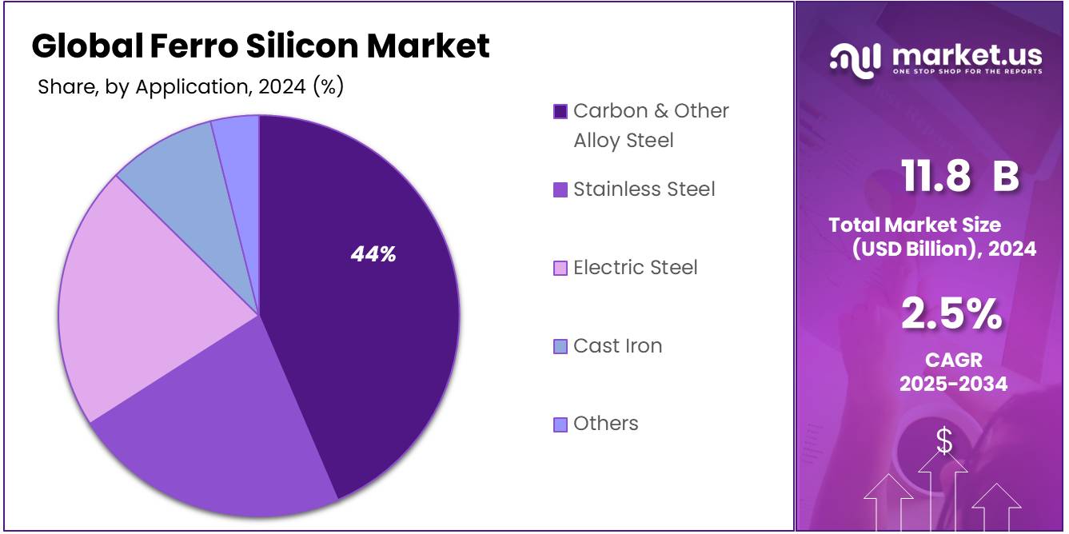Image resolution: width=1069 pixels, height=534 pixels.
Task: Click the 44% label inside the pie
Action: (x=373, y=254)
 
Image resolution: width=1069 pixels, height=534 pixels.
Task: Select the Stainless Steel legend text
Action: (x=644, y=189)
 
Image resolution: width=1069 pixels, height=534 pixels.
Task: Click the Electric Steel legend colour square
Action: (x=560, y=268)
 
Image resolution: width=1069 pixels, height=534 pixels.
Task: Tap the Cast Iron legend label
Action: (x=617, y=346)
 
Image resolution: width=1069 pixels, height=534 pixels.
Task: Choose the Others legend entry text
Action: (x=605, y=424)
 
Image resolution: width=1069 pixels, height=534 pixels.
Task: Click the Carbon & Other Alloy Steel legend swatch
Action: (x=560, y=111)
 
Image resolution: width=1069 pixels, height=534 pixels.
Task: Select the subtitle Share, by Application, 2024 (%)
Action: (x=190, y=86)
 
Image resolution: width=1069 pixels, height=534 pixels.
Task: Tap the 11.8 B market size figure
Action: (x=959, y=176)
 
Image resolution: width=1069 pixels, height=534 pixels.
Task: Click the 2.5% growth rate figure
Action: (x=951, y=313)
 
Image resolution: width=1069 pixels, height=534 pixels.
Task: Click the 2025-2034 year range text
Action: (x=953, y=384)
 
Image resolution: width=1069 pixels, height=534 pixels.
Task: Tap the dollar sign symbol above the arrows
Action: (x=944, y=440)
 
